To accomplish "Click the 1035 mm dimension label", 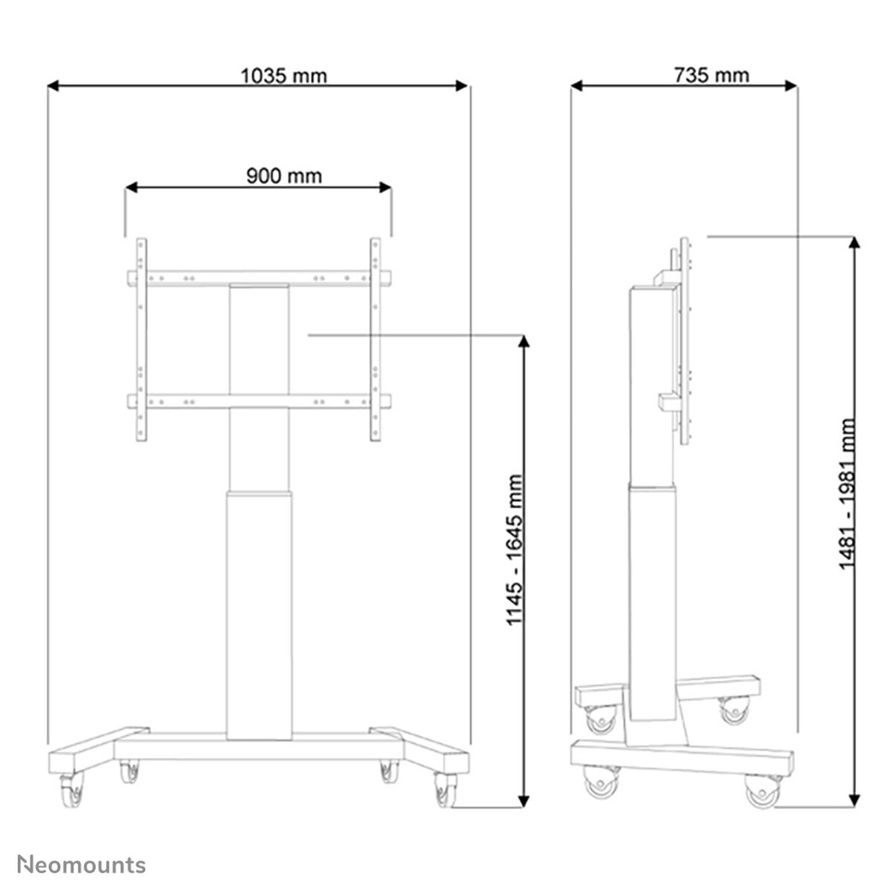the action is tap(283, 76).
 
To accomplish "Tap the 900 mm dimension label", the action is tap(284, 176).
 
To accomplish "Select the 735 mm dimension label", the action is tap(711, 76).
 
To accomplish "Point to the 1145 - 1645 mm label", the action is tap(515, 550).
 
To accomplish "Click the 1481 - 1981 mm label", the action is tap(847, 494).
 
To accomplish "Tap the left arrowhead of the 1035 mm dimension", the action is tap(53, 85).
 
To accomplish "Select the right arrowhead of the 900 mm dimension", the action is tap(385, 187).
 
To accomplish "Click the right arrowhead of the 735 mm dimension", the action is tap(791, 85).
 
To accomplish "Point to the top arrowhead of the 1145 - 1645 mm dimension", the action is tap(524, 341).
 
